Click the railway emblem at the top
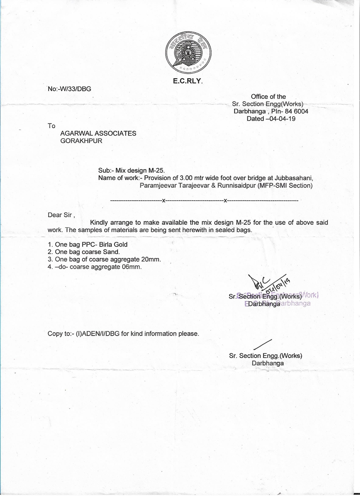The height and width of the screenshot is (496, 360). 188,53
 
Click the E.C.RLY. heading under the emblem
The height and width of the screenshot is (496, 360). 188,81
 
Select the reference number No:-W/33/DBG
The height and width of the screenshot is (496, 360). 69,89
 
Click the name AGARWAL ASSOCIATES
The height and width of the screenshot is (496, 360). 98,133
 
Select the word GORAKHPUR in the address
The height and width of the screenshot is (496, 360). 81,141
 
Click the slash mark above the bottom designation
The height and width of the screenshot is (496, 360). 262,344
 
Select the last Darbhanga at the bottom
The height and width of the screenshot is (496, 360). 268,363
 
